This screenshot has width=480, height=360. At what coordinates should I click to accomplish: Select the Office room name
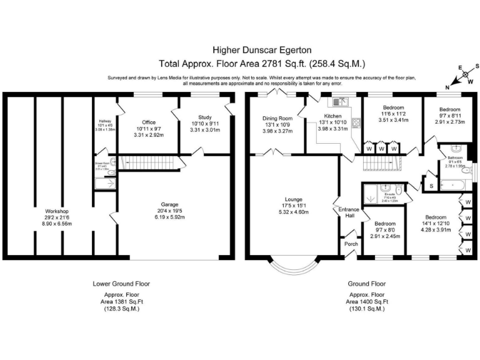(x=148, y=122)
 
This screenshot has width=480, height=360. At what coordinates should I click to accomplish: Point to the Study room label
(x=205, y=117)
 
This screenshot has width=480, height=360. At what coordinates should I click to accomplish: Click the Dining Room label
(x=277, y=118)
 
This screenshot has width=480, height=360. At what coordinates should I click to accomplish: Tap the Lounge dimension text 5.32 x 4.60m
(x=293, y=212)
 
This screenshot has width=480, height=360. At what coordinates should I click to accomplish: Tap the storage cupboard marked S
(x=431, y=186)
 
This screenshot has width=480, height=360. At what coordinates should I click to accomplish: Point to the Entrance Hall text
(x=346, y=213)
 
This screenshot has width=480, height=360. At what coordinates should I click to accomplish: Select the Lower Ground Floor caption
(x=121, y=283)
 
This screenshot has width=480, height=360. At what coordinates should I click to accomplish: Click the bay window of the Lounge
(x=292, y=266)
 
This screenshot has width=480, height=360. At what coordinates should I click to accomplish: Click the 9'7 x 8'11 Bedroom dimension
(x=449, y=122)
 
